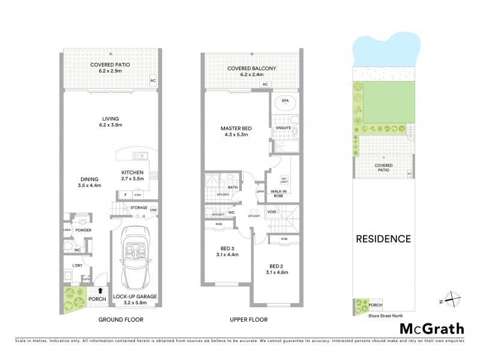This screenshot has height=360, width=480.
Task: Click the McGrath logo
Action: (x=431, y=328)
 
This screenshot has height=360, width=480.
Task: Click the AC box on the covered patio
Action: (x=152, y=80)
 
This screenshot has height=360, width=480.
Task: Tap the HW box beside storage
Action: (x=154, y=210)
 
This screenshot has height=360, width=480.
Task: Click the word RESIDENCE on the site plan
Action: (x=384, y=239)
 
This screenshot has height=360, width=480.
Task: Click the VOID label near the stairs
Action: (x=272, y=212)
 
